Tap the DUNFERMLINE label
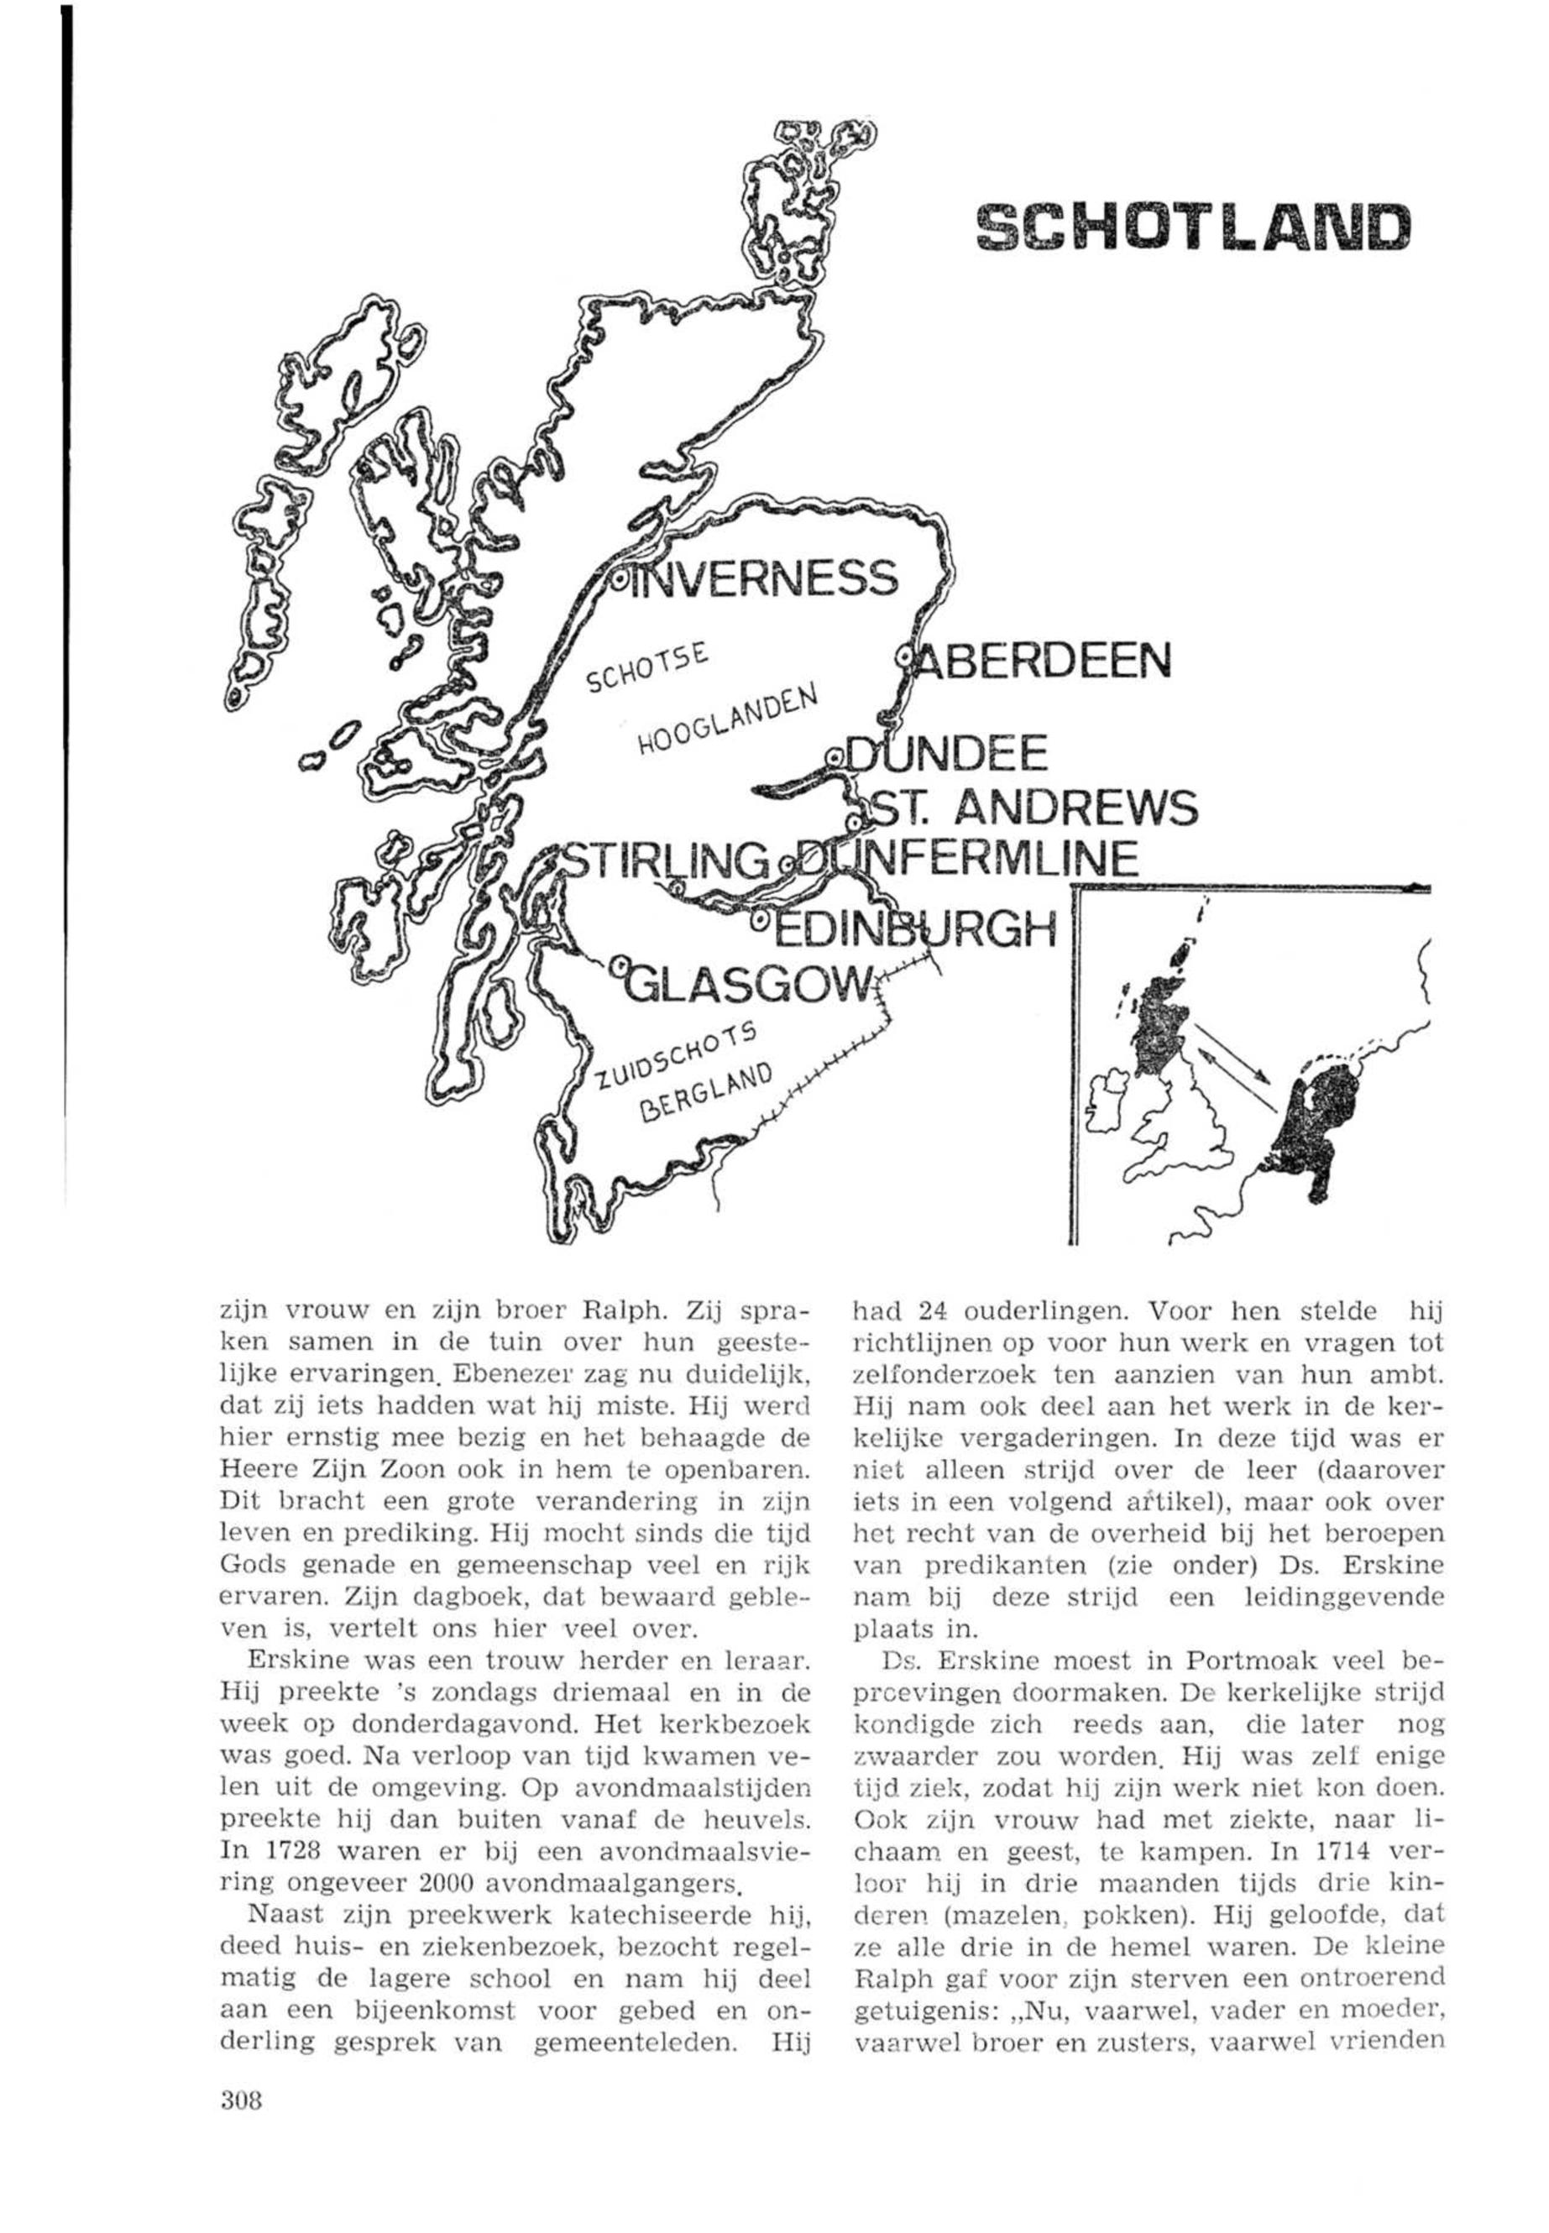tap(971, 859)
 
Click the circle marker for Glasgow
tap(620, 964)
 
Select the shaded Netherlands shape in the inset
tap(1319, 1126)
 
